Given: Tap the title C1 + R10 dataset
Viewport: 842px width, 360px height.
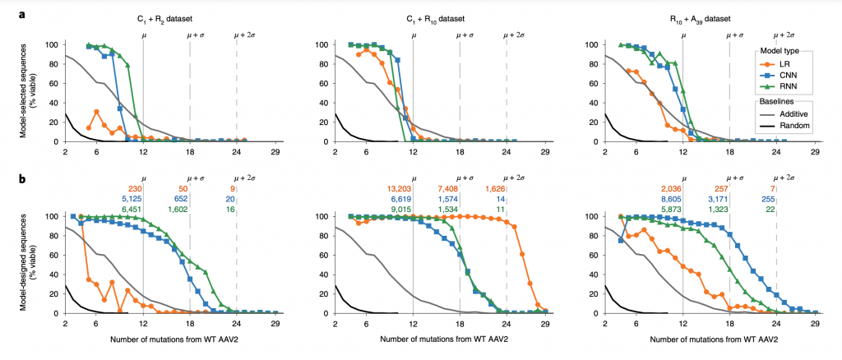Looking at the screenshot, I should (x=441, y=16).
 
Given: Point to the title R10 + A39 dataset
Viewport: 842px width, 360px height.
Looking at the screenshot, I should (x=710, y=16).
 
